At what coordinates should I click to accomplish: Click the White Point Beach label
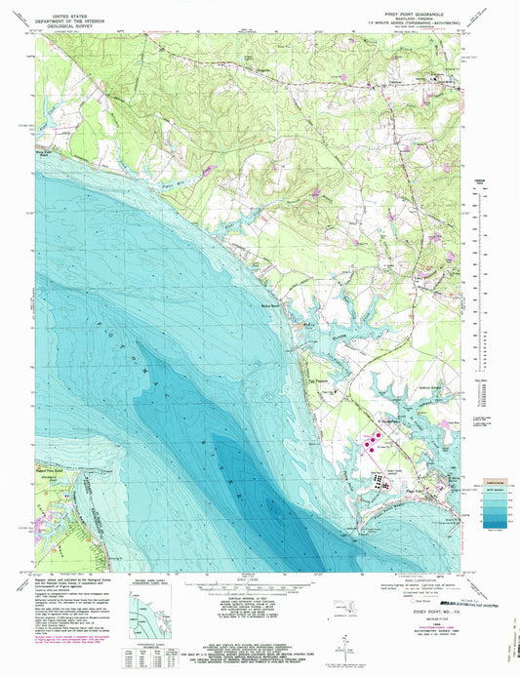point(47,153)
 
